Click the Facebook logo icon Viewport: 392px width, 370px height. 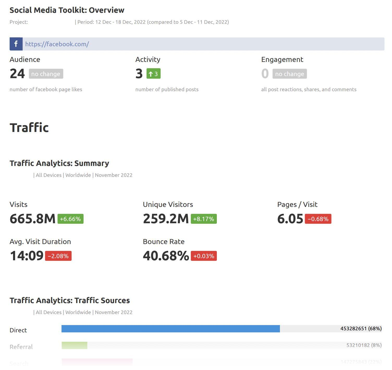click(x=16, y=44)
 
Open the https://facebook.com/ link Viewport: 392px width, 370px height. click(x=57, y=44)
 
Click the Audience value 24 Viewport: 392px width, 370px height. click(x=17, y=74)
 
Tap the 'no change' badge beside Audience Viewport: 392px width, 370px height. click(x=46, y=74)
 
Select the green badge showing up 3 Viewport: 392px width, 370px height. click(x=153, y=74)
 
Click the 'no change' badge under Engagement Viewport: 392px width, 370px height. click(x=290, y=74)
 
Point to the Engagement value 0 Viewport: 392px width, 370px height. click(x=265, y=74)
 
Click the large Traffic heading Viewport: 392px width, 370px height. click(x=29, y=128)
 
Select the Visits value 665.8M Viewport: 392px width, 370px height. click(x=33, y=219)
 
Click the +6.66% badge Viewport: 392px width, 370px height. click(x=70, y=219)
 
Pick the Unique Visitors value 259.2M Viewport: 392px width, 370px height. click(x=166, y=219)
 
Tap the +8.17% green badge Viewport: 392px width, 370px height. click(x=204, y=219)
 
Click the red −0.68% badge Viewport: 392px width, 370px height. click(x=318, y=219)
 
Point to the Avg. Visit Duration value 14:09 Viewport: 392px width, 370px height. click(x=27, y=256)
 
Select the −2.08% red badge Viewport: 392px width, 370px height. click(x=58, y=256)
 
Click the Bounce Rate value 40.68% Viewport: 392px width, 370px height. click(x=166, y=256)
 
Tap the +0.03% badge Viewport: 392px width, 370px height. click(x=204, y=256)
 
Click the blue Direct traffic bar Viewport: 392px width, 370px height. click(x=170, y=329)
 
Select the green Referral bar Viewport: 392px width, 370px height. click(x=74, y=345)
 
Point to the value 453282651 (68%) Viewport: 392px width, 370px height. click(x=361, y=328)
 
